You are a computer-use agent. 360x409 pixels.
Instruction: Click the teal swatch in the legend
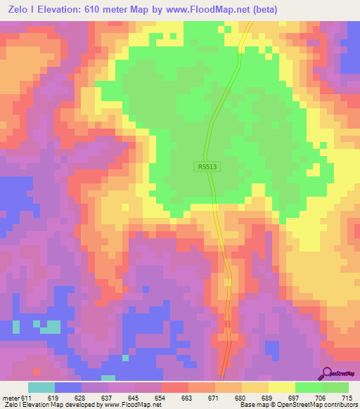click(41, 387)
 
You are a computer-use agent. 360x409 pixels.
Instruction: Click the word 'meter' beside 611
click(12, 397)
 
